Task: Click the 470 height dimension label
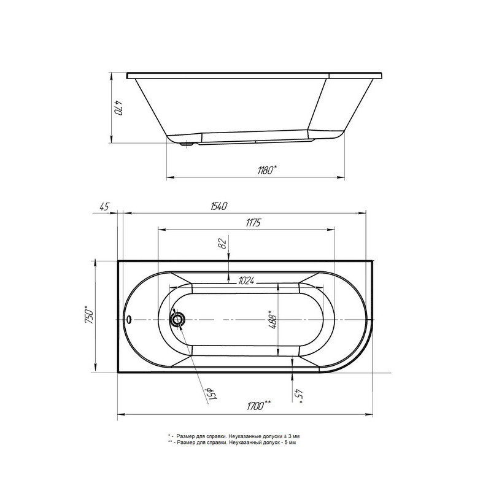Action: point(118,107)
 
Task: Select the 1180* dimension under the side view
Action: point(267,171)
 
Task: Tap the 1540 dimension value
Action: point(218,206)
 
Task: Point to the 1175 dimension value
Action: point(253,223)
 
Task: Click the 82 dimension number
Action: point(222,243)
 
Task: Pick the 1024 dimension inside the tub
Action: point(246,281)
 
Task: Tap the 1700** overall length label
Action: point(258,406)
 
